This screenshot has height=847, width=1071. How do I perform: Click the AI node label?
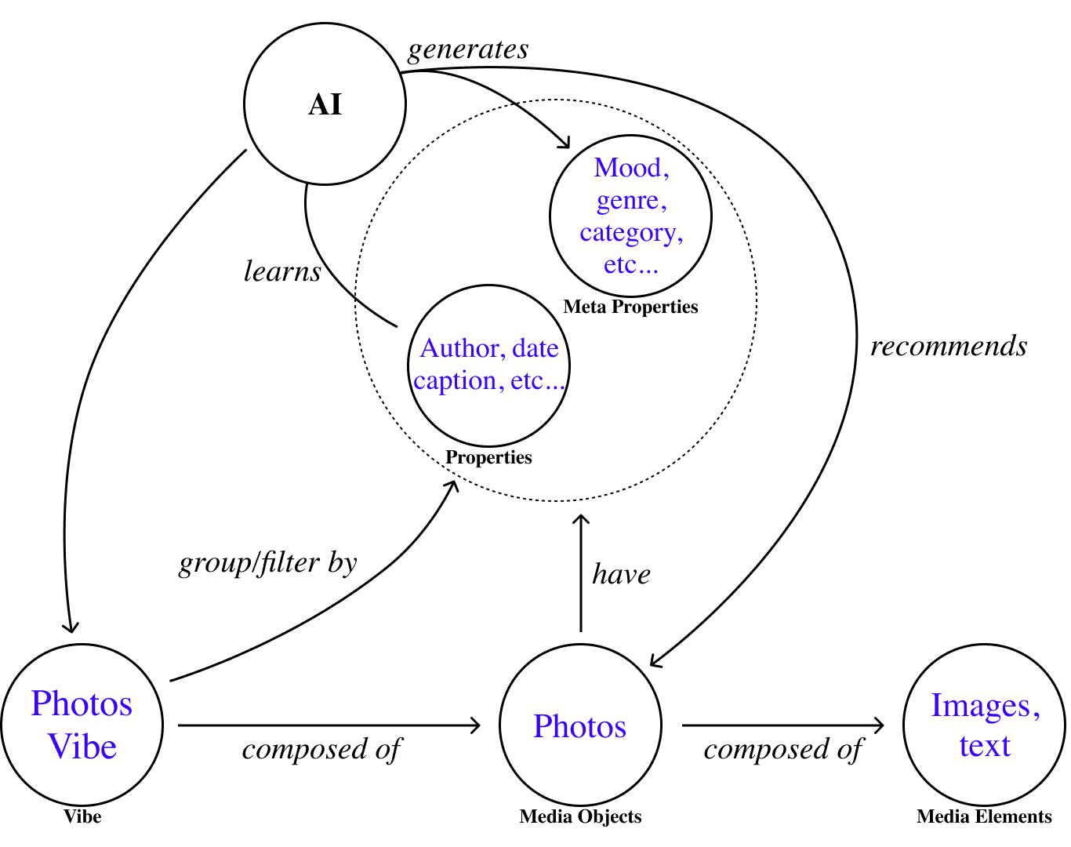point(325,104)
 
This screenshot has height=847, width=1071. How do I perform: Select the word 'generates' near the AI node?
point(468,49)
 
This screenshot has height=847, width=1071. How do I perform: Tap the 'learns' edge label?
point(282,271)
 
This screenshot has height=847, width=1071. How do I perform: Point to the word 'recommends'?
point(949,346)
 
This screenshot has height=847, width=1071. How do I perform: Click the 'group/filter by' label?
point(268,563)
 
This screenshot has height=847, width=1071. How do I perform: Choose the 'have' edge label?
point(621,574)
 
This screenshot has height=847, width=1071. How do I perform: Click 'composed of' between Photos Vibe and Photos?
point(321,750)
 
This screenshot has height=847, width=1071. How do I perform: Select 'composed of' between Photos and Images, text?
point(783,750)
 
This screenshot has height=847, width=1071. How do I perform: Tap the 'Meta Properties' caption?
point(630,307)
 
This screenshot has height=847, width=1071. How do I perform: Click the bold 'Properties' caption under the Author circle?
point(488,457)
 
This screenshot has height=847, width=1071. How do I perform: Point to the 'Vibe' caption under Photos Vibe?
point(82,816)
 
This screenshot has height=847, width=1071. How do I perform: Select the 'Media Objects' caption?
point(580,816)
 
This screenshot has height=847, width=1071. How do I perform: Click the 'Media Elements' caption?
point(984,816)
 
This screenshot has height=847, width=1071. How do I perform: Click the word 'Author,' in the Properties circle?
point(463,348)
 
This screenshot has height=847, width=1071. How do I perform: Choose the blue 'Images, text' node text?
point(985,725)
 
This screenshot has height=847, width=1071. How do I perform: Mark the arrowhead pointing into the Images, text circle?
point(880,725)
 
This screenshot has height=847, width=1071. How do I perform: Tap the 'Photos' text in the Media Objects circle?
point(580,726)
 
